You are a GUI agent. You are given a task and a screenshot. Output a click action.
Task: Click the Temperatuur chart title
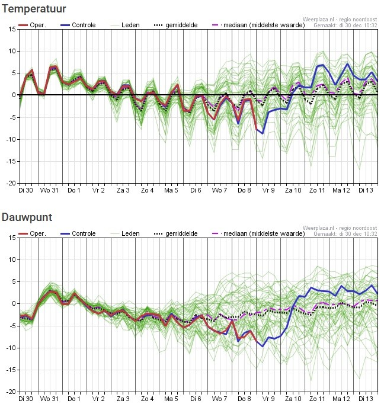(x=34, y=9)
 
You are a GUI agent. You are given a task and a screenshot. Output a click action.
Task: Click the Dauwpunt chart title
(x=27, y=217)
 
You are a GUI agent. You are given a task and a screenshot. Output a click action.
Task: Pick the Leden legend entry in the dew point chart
(x=130, y=233)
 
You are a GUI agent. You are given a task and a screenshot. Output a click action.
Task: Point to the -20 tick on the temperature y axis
(x=10, y=184)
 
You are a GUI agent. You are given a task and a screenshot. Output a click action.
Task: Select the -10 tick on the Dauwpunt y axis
(x=10, y=348)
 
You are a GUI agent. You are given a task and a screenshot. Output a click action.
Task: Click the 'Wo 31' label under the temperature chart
(x=49, y=191)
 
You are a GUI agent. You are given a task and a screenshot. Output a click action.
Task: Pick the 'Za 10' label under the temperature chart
(x=293, y=191)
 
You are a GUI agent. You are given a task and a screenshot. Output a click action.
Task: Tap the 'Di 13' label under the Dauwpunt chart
(x=366, y=399)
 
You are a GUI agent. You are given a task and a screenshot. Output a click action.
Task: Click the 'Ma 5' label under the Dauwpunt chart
(x=171, y=399)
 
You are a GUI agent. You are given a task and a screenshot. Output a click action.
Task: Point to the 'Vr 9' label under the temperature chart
(x=269, y=191)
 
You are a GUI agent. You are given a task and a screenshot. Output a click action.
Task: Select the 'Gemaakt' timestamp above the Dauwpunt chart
(x=345, y=234)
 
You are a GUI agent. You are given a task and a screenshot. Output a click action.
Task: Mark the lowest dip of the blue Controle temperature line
(x=263, y=133)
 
